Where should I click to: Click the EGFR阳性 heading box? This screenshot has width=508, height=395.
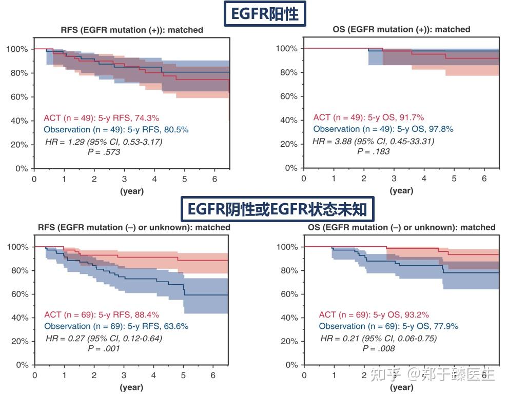point(265,14)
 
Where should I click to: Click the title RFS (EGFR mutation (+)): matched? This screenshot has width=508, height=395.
point(132,30)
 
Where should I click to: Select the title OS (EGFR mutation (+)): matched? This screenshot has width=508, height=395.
point(401,29)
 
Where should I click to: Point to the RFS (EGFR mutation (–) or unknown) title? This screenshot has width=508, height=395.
point(134,227)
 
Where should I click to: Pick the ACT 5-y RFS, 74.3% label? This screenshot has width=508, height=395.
point(102,118)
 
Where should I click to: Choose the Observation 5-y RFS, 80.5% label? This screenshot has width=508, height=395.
point(116,130)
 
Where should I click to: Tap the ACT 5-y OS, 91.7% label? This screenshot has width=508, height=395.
point(368,117)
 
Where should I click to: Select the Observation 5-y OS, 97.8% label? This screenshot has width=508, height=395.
point(383,129)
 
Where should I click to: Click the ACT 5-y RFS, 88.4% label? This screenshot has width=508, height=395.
point(102,314)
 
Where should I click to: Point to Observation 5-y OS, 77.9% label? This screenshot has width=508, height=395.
point(388,326)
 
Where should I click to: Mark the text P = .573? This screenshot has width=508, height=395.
point(104,152)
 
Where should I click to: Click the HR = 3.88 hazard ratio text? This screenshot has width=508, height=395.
point(373,141)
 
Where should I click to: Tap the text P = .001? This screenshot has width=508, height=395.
point(104,349)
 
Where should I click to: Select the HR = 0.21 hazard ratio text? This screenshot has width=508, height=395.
point(378,338)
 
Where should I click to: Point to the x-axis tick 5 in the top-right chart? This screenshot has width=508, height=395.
point(454,178)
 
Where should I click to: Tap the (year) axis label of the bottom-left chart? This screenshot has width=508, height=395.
point(132,387)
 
